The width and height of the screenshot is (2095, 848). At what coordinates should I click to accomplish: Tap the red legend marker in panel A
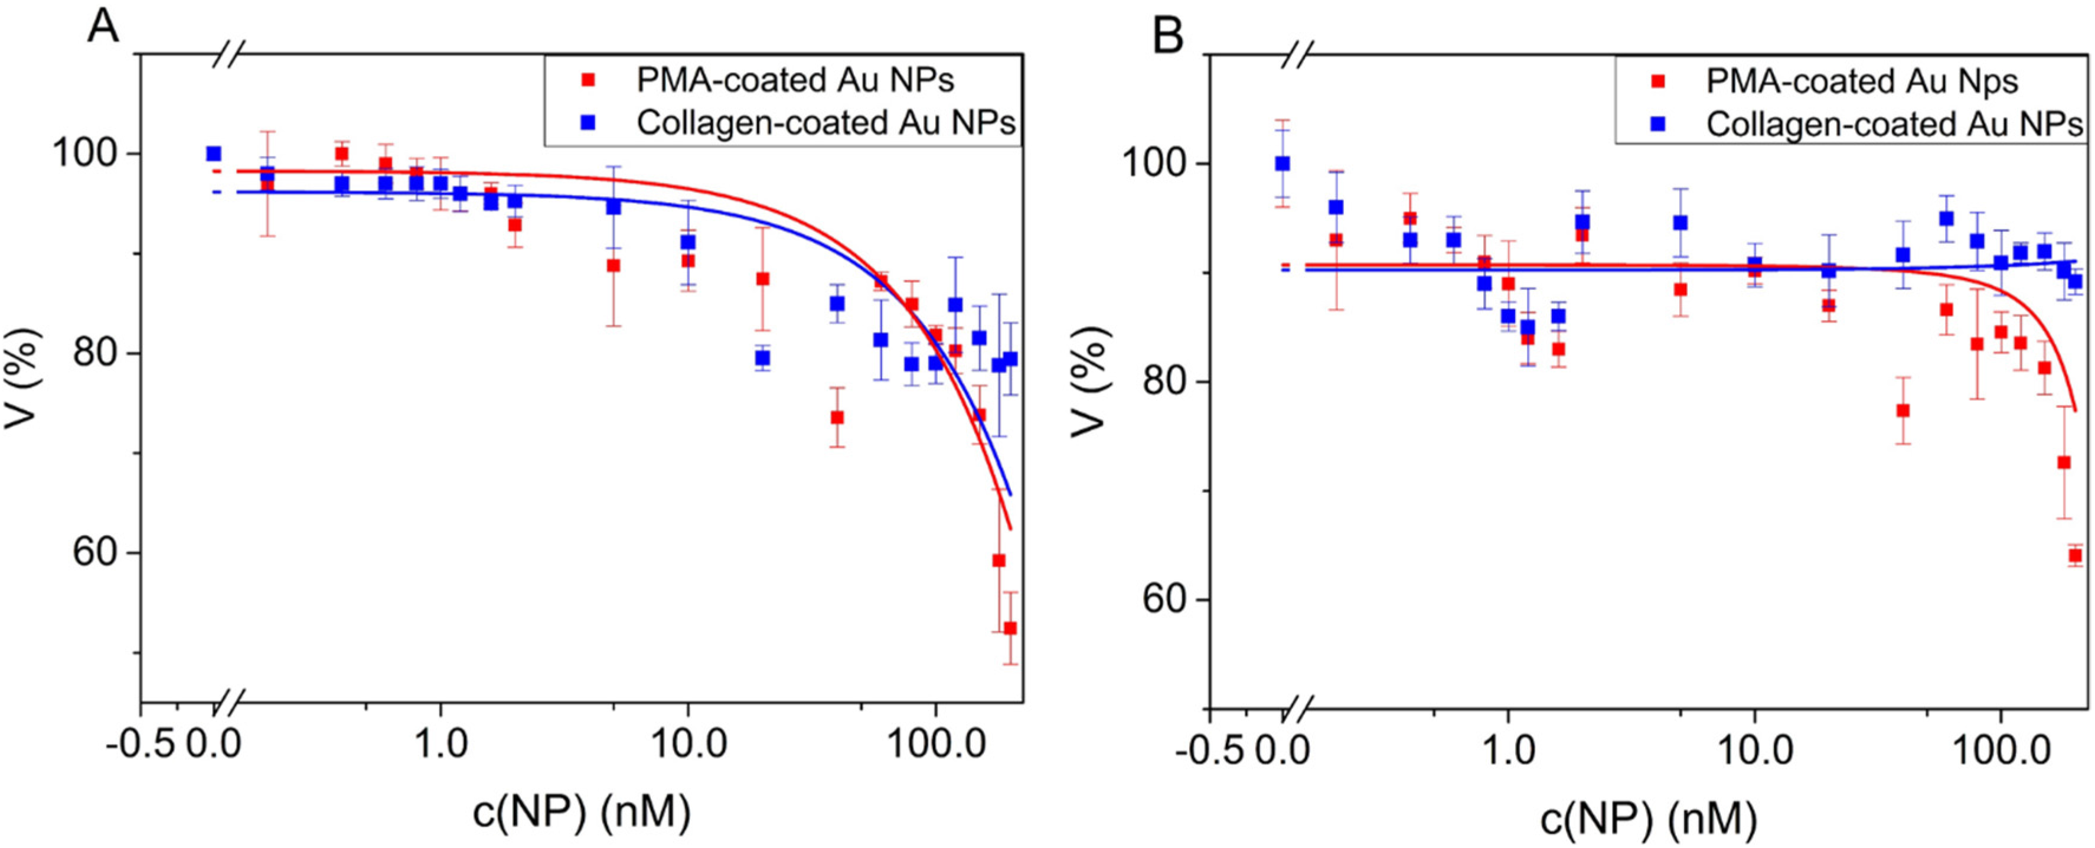(589, 80)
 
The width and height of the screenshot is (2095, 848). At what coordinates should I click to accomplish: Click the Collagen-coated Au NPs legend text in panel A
(825, 123)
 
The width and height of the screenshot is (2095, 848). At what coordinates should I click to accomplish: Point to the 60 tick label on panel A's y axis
(96, 553)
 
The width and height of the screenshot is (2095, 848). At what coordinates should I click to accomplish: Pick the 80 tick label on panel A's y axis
(96, 354)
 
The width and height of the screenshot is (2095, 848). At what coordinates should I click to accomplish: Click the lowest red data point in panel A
(1010, 628)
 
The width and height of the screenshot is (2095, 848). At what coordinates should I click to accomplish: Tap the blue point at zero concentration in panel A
(214, 154)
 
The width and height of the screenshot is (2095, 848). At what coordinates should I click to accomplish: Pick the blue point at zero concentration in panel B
(1283, 164)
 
